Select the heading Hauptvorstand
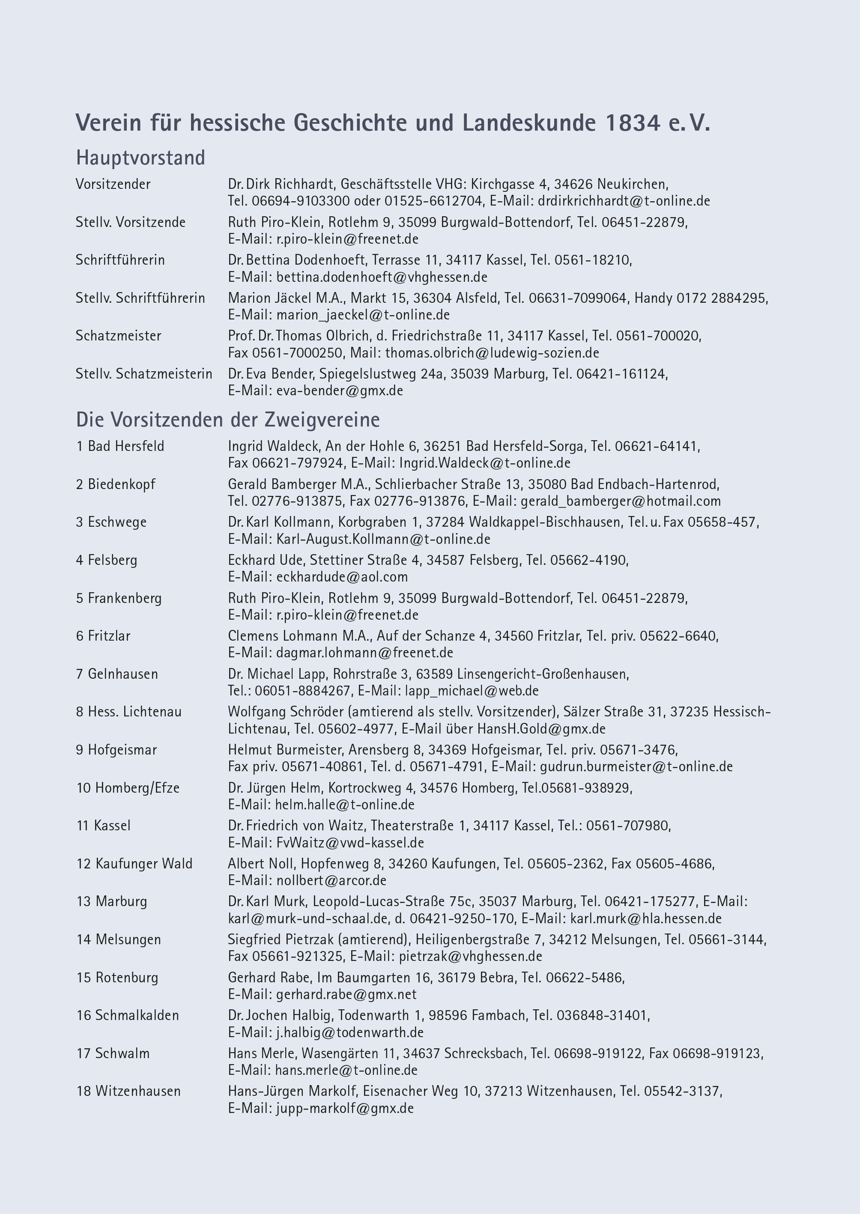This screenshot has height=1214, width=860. (x=140, y=158)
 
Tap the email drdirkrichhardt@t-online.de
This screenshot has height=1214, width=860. (x=624, y=201)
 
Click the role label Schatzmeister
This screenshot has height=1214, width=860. (x=118, y=336)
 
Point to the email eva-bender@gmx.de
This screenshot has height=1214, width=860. (x=340, y=391)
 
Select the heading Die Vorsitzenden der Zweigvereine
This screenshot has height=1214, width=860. (x=228, y=420)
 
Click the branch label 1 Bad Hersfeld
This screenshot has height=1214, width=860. (x=120, y=446)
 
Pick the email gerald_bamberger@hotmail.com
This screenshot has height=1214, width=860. (x=621, y=501)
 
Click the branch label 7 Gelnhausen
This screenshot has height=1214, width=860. (x=117, y=674)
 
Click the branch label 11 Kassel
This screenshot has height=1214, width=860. (x=104, y=826)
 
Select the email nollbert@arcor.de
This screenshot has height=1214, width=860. (x=331, y=880)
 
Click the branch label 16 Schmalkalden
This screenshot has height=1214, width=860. (x=128, y=1015)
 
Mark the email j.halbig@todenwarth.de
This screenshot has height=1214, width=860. (x=349, y=1032)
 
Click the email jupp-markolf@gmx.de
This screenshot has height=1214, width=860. (x=345, y=1108)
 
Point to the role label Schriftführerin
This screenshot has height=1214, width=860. (x=120, y=260)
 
